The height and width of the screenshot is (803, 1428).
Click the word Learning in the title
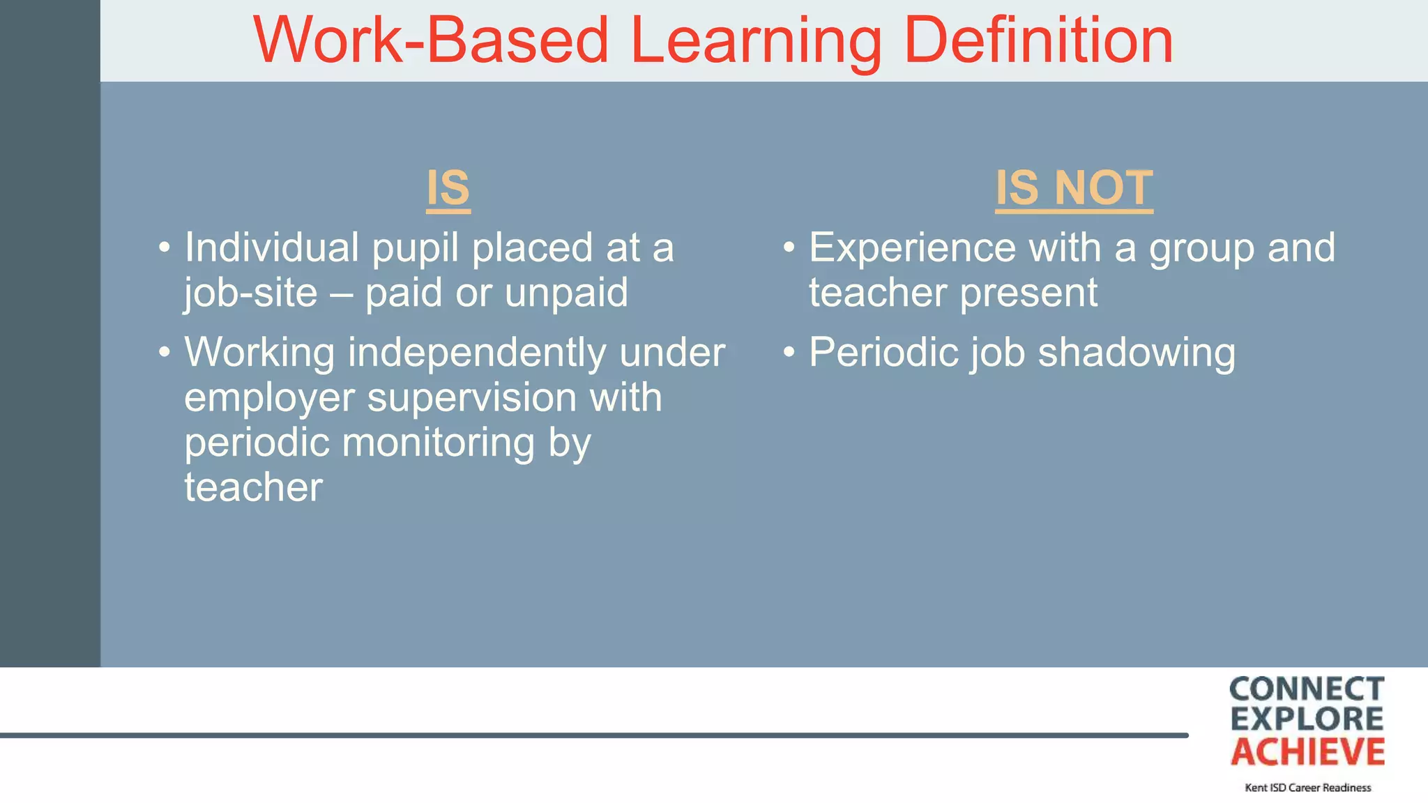(756, 42)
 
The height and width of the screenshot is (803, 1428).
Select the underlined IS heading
(448, 188)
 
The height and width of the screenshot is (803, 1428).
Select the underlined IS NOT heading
(1074, 188)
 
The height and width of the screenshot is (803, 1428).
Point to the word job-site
(250, 293)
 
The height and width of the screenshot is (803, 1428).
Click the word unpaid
(566, 293)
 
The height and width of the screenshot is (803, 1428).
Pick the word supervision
(471, 397)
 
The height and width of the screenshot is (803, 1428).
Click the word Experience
(912, 247)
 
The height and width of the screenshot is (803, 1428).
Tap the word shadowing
(1137, 353)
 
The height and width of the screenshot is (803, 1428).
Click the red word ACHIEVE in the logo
(1307, 752)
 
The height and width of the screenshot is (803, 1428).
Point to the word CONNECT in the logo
(1307, 689)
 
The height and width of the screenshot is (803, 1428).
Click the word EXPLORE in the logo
(1307, 719)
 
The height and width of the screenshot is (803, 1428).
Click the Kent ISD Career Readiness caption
(1307, 788)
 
